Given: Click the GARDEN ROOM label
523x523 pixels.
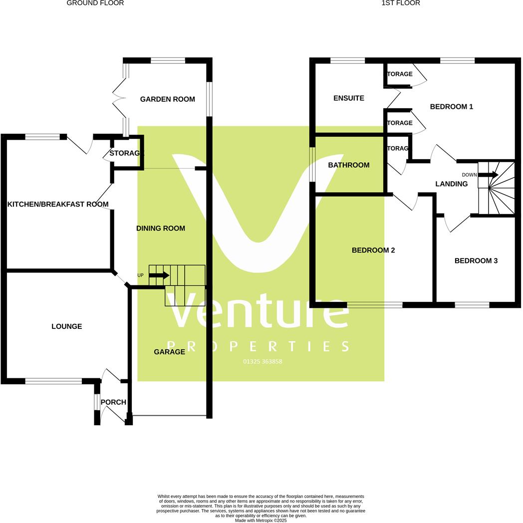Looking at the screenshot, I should [x=167, y=99].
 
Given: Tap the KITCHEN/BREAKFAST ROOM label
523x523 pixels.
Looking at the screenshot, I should [x=58, y=204].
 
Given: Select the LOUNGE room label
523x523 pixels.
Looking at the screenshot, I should [x=67, y=327].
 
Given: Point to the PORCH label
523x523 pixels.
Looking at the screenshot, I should [x=113, y=402].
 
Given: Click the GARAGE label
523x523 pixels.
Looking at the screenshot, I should [x=169, y=352].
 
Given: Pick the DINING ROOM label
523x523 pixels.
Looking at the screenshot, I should [x=161, y=229].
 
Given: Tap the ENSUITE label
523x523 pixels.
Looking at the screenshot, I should [x=349, y=98].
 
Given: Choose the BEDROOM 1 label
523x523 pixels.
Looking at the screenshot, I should [x=451, y=107].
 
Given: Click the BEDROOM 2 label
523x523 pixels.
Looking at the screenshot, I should [x=373, y=251].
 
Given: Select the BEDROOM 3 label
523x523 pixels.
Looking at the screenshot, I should [x=476, y=261].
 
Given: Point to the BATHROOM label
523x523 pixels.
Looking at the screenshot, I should [x=349, y=165].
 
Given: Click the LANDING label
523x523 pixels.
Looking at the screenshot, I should [x=451, y=184].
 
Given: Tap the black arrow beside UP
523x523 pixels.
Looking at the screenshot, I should [x=159, y=275].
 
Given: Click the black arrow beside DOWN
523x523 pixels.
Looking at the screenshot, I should [x=488, y=175].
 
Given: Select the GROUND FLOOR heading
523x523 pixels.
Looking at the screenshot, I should [x=95, y=3].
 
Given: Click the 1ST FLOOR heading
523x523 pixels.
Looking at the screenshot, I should [x=400, y=3].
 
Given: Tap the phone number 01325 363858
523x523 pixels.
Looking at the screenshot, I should [x=262, y=362].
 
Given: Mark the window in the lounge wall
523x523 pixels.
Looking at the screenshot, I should [x=53, y=381].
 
